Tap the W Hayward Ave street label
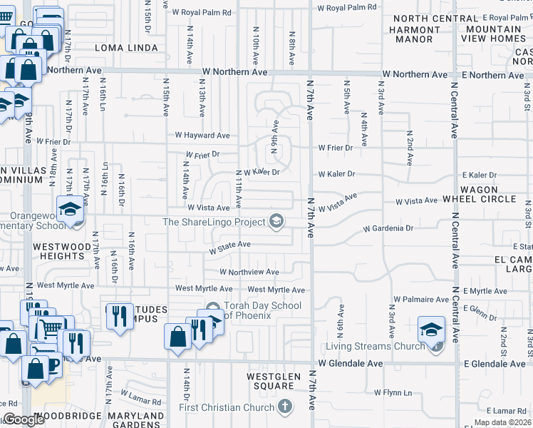point(202,135)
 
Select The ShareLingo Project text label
point(213,222)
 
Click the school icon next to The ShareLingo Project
point(275,222)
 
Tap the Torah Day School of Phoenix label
point(262,311)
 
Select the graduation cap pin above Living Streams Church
point(430,330)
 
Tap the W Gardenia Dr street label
point(388,229)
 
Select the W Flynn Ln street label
point(393,392)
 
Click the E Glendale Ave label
point(496,364)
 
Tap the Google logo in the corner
point(23,420)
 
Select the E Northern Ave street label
point(495,75)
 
